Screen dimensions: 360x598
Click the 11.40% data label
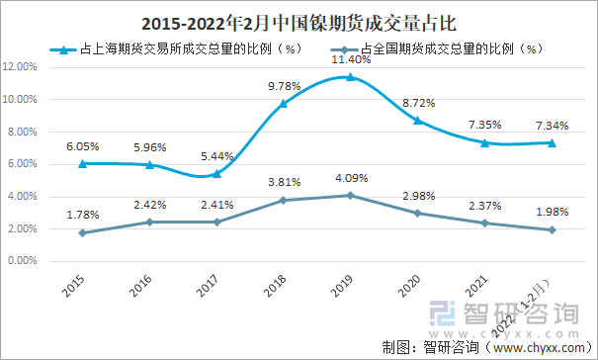351,60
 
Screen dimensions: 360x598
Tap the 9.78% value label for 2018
284,86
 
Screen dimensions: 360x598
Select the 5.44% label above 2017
216,156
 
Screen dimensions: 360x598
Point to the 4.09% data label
351,179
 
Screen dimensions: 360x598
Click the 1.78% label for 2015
82,215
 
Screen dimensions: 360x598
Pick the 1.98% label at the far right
551,212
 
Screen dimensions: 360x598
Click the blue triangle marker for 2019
350,77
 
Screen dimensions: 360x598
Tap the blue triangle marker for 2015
82,163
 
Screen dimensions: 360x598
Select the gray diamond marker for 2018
283,200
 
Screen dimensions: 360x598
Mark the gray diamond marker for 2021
484,223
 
